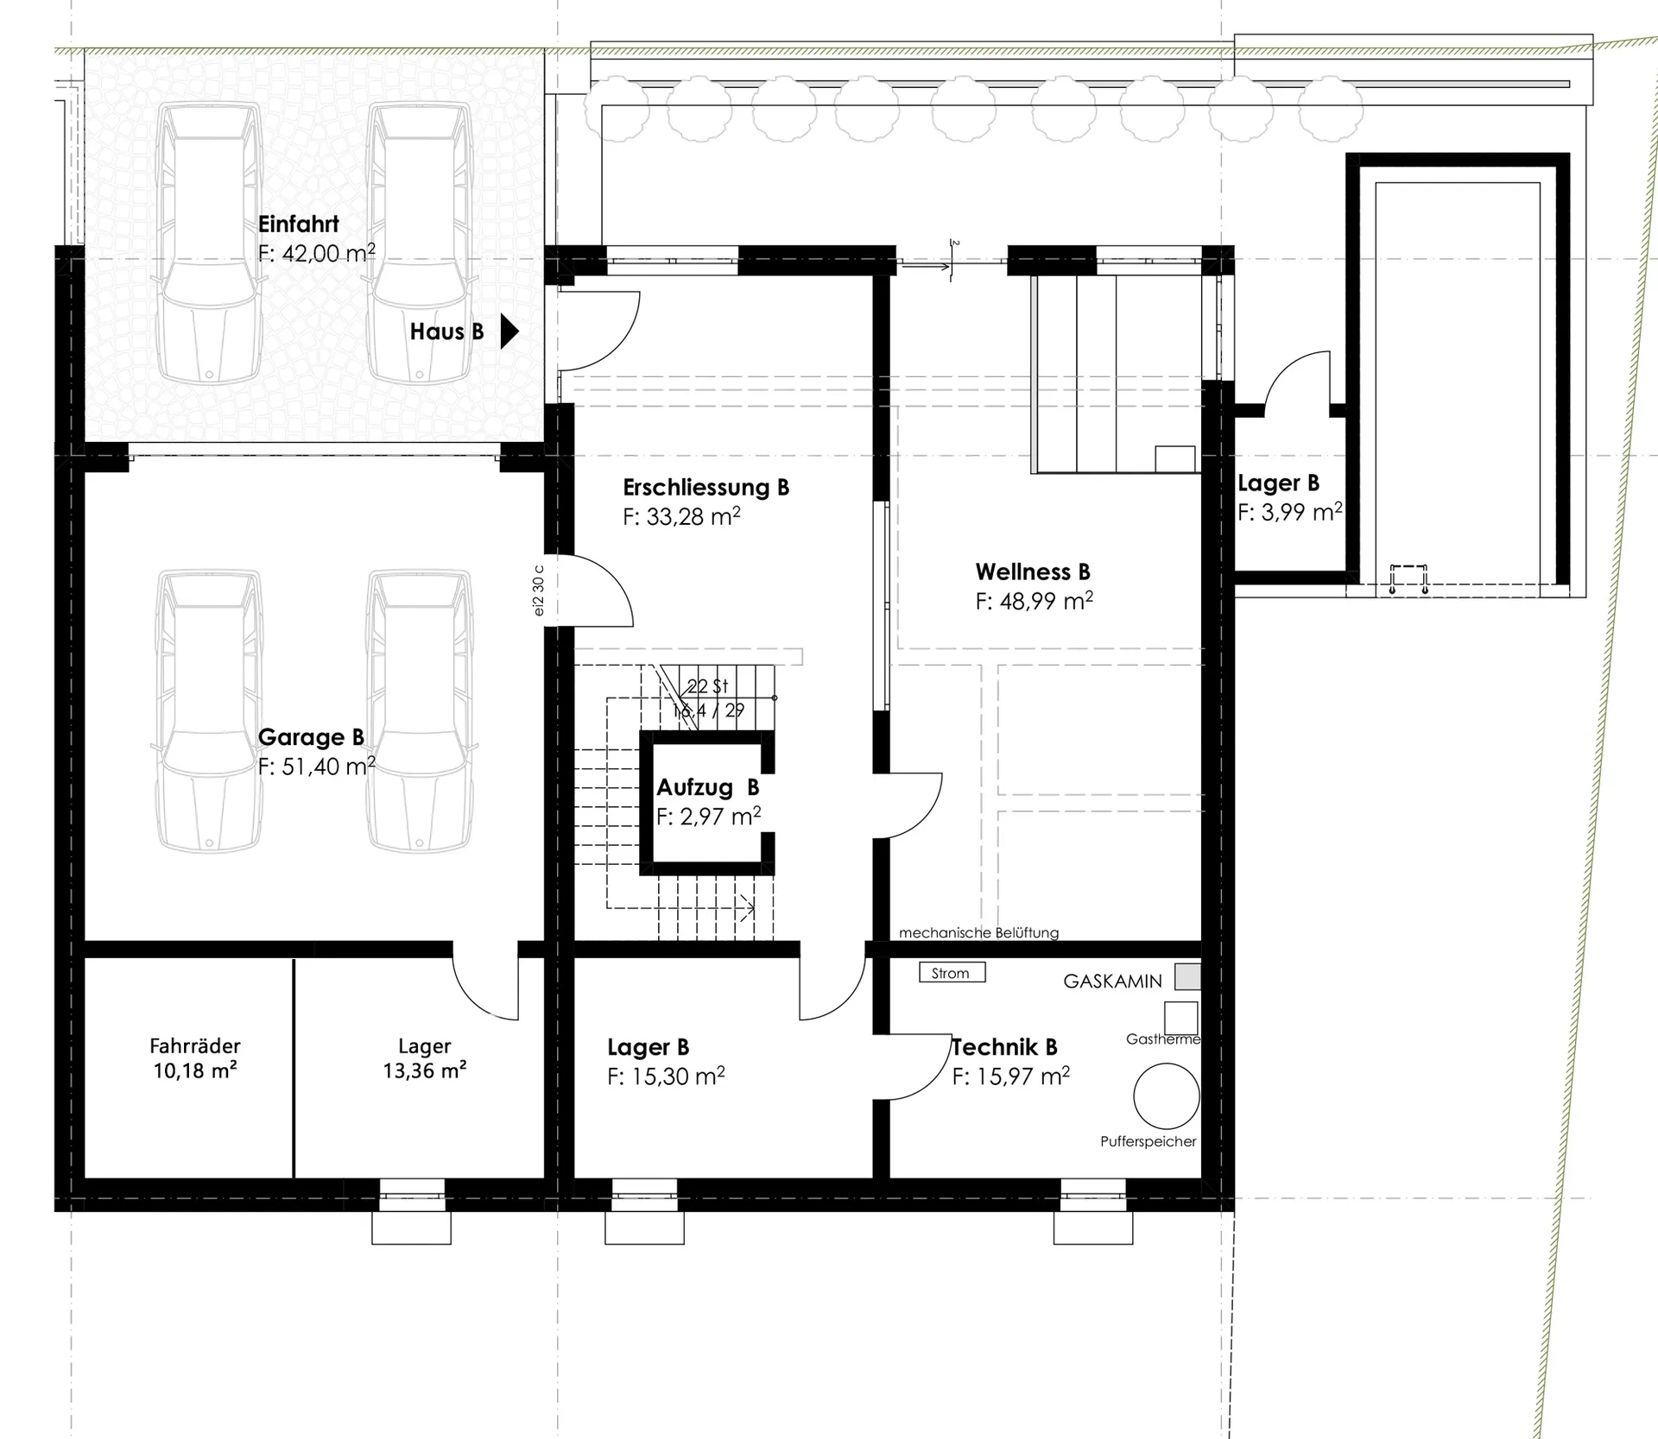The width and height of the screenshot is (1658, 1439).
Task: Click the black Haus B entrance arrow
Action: (509, 331)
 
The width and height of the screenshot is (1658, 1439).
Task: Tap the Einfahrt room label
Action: (298, 224)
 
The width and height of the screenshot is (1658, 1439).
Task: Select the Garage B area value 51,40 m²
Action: (317, 766)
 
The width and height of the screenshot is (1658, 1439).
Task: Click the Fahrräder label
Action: (195, 1046)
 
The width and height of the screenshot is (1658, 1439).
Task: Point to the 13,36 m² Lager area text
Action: (425, 1070)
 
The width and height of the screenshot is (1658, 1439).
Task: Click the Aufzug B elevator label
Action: (708, 787)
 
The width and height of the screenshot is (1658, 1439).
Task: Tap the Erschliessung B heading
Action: (706, 487)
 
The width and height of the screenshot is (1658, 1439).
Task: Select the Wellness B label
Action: (1033, 571)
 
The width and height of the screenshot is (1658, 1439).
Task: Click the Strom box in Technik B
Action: (952, 973)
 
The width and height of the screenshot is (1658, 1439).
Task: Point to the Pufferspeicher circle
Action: (1166, 1095)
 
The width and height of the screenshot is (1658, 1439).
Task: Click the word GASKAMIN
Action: (1112, 981)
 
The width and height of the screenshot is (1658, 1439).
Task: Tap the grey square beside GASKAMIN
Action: (1187, 976)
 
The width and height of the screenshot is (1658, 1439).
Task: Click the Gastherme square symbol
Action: (1180, 1017)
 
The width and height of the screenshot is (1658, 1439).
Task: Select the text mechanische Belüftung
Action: (978, 932)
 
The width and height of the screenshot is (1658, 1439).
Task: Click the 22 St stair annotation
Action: (707, 686)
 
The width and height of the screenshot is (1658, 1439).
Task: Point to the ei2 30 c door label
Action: (538, 590)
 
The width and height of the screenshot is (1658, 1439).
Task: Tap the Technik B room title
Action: (1004, 1047)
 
